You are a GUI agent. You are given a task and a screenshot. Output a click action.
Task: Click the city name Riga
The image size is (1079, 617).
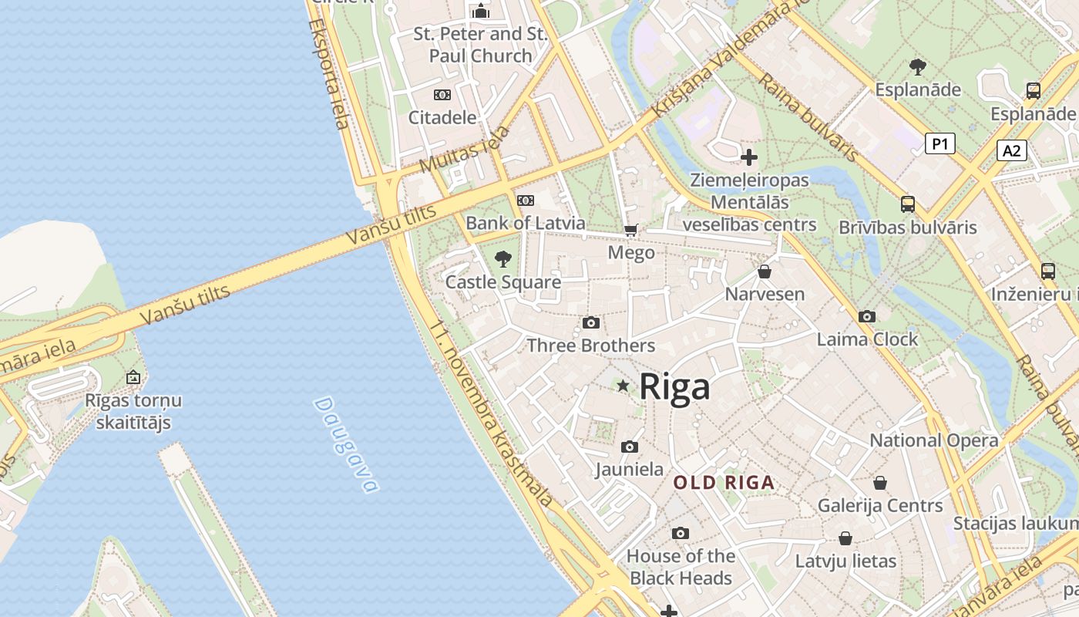click(674, 386)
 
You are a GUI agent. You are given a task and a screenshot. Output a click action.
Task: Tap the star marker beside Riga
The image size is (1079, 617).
click(623, 385)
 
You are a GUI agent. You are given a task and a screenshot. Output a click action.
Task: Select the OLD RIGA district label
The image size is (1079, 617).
click(724, 483)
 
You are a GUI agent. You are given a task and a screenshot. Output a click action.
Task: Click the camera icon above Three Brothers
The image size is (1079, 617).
click(591, 322)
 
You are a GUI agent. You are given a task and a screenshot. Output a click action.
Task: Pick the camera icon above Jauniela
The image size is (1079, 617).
click(630, 447)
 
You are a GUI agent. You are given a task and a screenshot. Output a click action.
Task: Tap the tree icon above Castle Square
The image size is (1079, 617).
click(503, 258)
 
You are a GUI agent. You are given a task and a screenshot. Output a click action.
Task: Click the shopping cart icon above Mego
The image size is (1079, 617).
click(631, 230)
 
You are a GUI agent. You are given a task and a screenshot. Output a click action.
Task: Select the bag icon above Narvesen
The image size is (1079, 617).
click(765, 271)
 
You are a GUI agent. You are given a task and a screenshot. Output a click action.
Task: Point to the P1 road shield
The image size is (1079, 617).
click(940, 143)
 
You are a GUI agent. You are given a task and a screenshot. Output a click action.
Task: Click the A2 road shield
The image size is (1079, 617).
click(1011, 150)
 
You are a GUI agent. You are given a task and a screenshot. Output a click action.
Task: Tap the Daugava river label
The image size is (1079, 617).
click(347, 445)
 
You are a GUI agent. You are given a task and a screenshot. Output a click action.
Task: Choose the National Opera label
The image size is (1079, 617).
click(934, 440)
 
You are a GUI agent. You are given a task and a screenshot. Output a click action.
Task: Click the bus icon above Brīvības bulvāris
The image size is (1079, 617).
click(908, 204)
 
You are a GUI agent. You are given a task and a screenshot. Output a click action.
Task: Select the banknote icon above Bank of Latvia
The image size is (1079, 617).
click(526, 201)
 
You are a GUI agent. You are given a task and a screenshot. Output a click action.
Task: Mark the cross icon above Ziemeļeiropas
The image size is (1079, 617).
click(749, 157)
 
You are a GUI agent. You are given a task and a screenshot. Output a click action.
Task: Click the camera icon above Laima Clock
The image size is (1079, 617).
click(867, 316)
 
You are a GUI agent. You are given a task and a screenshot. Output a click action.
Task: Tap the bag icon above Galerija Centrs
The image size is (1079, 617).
click(880, 483)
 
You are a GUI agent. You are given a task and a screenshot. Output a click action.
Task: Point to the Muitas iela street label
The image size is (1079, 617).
click(465, 149)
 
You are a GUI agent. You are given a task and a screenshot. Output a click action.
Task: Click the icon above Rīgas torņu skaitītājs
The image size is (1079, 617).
click(133, 377)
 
